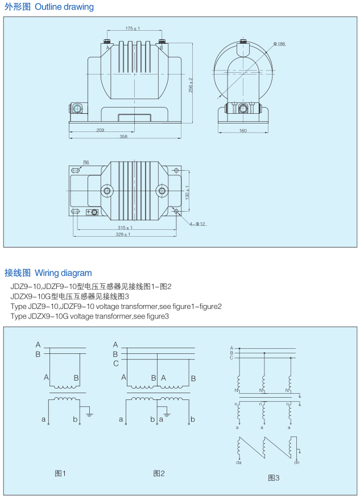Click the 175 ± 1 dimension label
133,28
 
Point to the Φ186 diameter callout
279,44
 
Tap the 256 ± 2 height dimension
191,85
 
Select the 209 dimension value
100,130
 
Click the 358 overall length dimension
123,137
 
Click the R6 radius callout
86,162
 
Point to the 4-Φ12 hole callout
197,224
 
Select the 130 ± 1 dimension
187,192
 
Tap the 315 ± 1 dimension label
125,228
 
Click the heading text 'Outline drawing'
64,7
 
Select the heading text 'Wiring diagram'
63,273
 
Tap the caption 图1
60,473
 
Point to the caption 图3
274,478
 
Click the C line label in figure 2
115,363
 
